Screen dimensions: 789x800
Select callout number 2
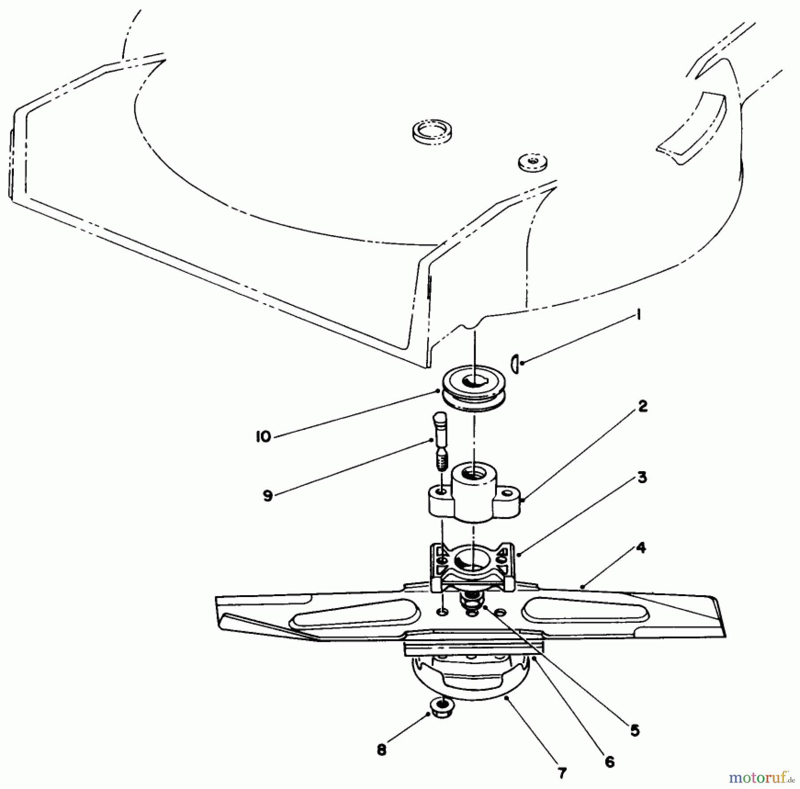(643, 406)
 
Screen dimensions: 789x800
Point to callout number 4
(640, 548)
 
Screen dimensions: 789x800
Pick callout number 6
(609, 749)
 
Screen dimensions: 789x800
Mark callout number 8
(381, 750)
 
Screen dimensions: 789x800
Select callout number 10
(263, 437)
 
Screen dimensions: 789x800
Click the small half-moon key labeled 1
(516, 364)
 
